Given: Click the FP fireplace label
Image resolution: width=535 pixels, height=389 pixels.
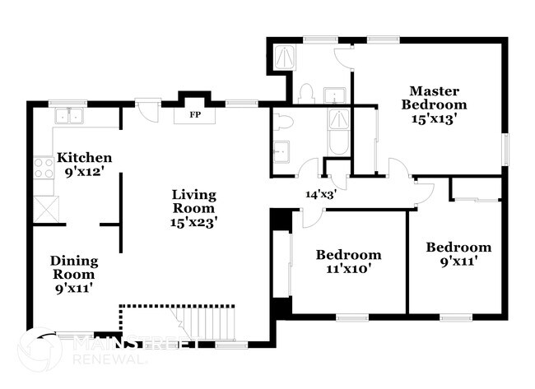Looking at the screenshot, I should click(x=195, y=114).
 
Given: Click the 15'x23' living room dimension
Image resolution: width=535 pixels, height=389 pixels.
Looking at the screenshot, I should click(x=194, y=221).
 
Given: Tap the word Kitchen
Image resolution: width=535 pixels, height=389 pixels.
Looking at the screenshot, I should click(x=84, y=158).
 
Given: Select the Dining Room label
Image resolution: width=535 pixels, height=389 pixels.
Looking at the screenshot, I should click(x=75, y=268).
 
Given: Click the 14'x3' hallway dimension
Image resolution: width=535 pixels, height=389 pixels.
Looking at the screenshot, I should click(x=321, y=195).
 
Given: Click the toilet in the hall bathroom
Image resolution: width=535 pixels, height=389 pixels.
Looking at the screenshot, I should click(x=284, y=123).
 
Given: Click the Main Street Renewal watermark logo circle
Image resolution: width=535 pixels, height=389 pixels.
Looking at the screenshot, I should click(x=39, y=350).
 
